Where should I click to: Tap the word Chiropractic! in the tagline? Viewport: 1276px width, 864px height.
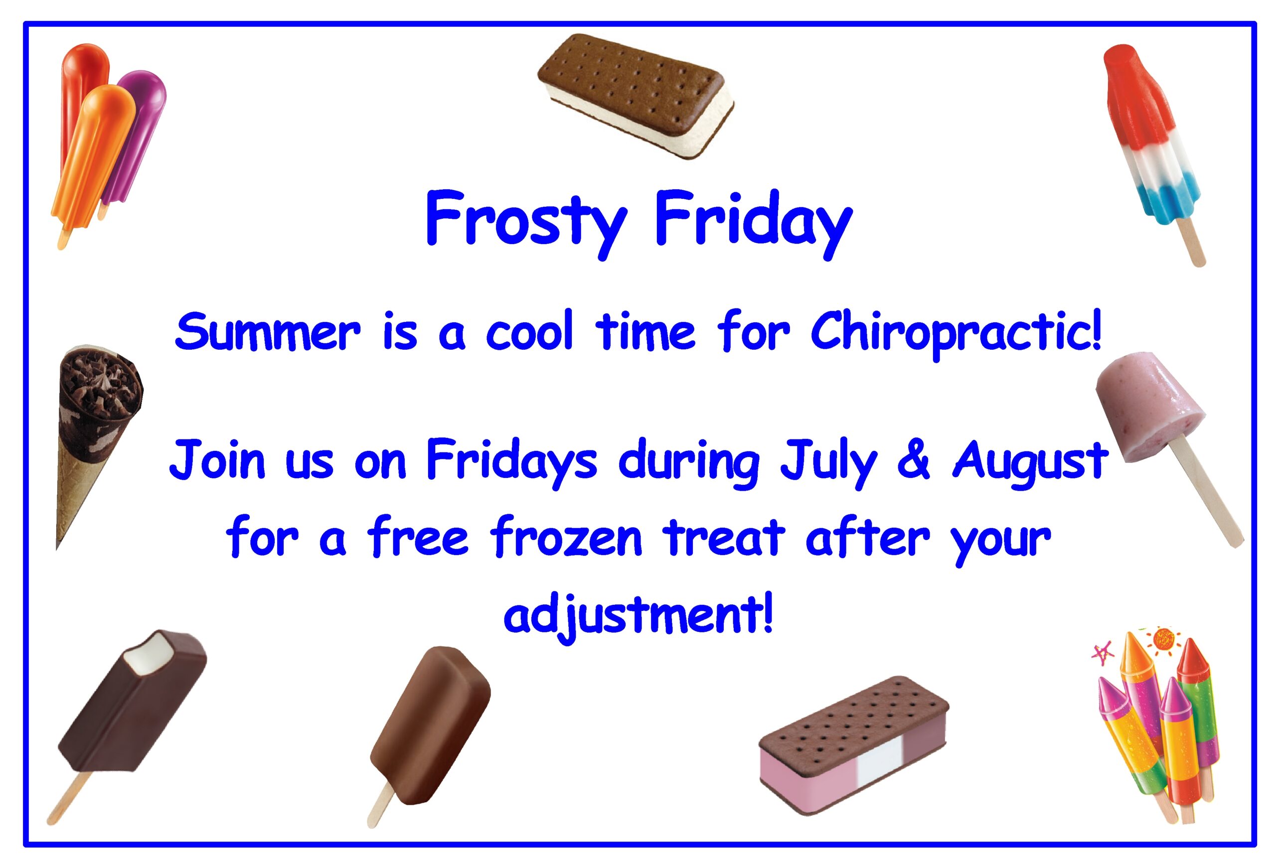[x=956, y=333]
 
